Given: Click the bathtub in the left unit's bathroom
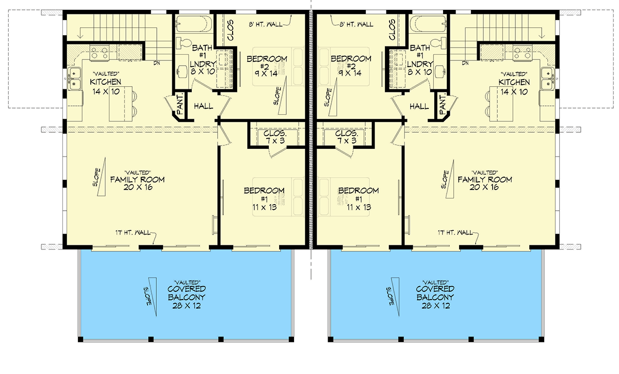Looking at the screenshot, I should click(x=194, y=24).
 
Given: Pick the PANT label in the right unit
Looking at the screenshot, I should click(x=443, y=105).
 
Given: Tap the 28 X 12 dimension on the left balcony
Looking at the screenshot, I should click(x=187, y=306).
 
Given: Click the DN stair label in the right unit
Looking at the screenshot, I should click(x=466, y=64).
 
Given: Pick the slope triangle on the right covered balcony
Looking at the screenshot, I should click(x=395, y=292).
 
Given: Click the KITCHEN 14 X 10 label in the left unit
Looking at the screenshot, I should click(x=105, y=86).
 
